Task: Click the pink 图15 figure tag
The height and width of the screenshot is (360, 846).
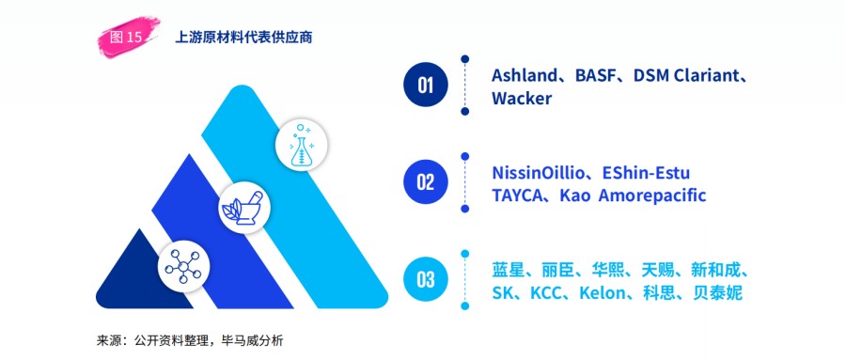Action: pyautogui.click(x=125, y=38)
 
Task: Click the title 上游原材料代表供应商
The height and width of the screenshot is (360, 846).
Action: pyautogui.click(x=243, y=38)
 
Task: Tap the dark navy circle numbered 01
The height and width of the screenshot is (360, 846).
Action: pyautogui.click(x=426, y=86)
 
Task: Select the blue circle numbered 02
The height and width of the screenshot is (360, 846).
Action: pyautogui.click(x=426, y=182)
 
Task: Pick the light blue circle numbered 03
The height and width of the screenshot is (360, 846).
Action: pyautogui.click(x=426, y=279)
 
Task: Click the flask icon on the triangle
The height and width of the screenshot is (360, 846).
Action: pyautogui.click(x=302, y=146)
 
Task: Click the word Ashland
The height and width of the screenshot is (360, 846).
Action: pyautogui.click(x=525, y=75)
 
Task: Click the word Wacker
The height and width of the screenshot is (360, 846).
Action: pyautogui.click(x=522, y=99)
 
